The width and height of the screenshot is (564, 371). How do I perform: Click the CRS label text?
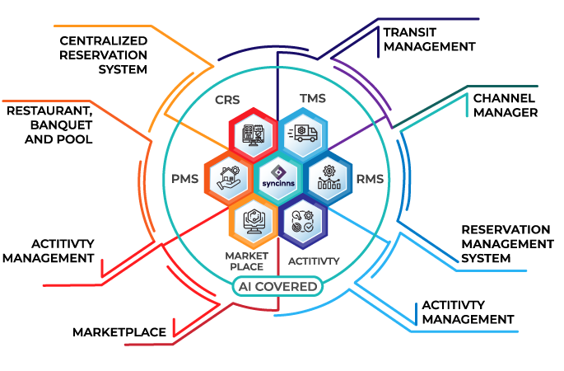226,101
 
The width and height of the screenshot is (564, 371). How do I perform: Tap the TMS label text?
313,99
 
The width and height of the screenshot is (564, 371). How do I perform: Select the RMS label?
369,177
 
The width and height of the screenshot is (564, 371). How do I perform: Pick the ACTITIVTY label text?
314,261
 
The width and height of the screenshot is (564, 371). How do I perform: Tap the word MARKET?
246,256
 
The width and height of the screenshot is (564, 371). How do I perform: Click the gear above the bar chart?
330,171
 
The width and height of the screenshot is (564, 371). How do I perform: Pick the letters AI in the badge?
244,287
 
